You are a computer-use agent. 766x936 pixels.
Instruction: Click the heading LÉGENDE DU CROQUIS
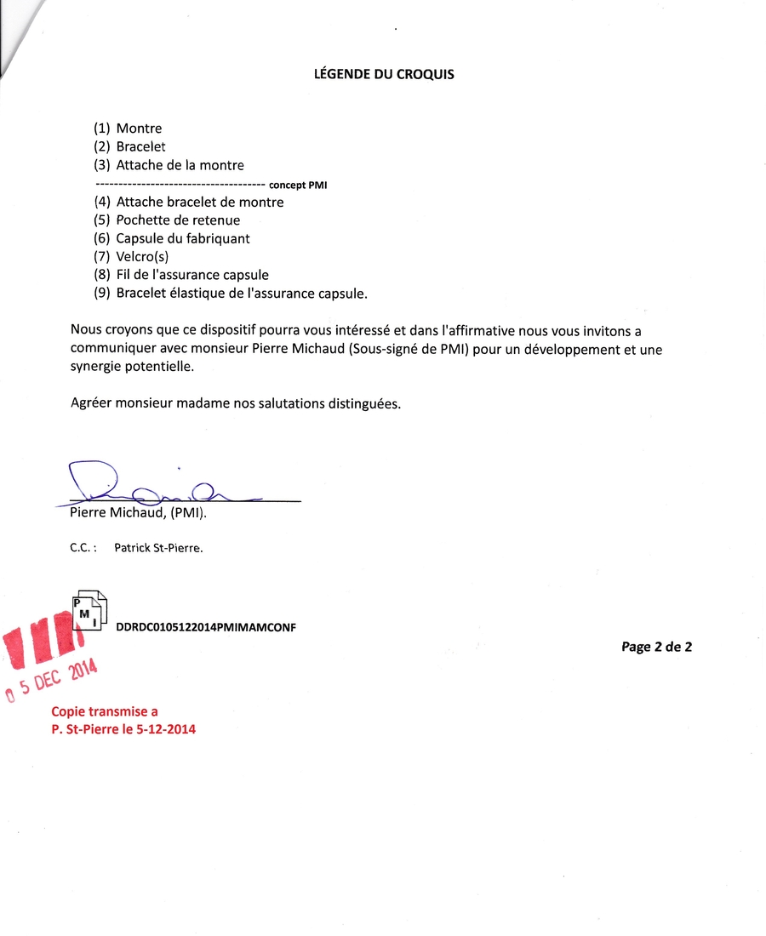click(384, 74)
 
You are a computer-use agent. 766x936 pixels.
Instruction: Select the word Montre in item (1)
click(139, 128)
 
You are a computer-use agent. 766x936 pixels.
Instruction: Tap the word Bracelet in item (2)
click(140, 147)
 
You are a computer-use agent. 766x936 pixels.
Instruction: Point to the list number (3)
click(102, 165)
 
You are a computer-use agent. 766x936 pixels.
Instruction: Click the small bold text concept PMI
click(298, 185)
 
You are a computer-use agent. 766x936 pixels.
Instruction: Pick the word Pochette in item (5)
click(143, 220)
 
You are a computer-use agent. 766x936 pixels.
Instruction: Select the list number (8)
click(102, 275)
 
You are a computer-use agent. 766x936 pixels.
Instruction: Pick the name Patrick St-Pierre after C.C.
click(158, 549)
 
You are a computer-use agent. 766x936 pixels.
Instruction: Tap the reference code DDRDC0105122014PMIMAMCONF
click(205, 627)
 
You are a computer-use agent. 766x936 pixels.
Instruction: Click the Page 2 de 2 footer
click(656, 647)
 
